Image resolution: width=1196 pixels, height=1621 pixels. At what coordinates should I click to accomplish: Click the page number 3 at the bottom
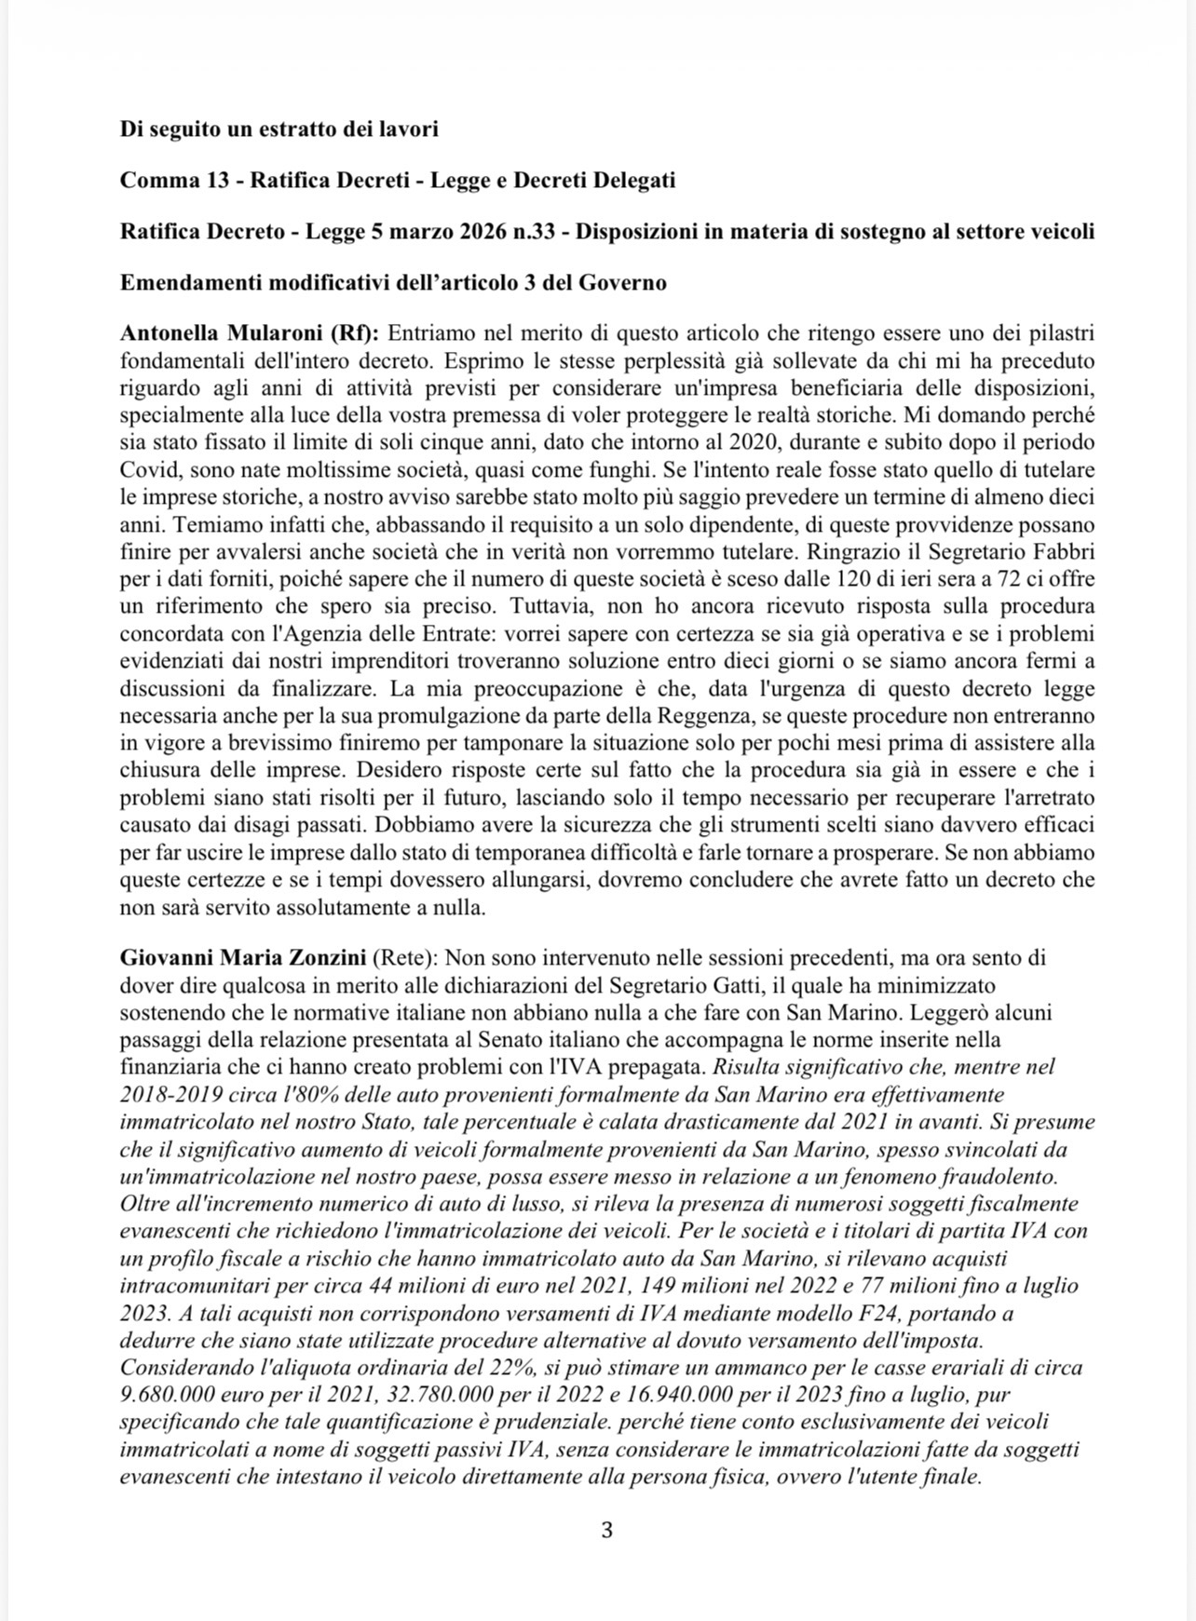pos(606,1530)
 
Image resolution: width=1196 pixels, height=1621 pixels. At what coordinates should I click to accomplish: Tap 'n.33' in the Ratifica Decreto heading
pos(537,231)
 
